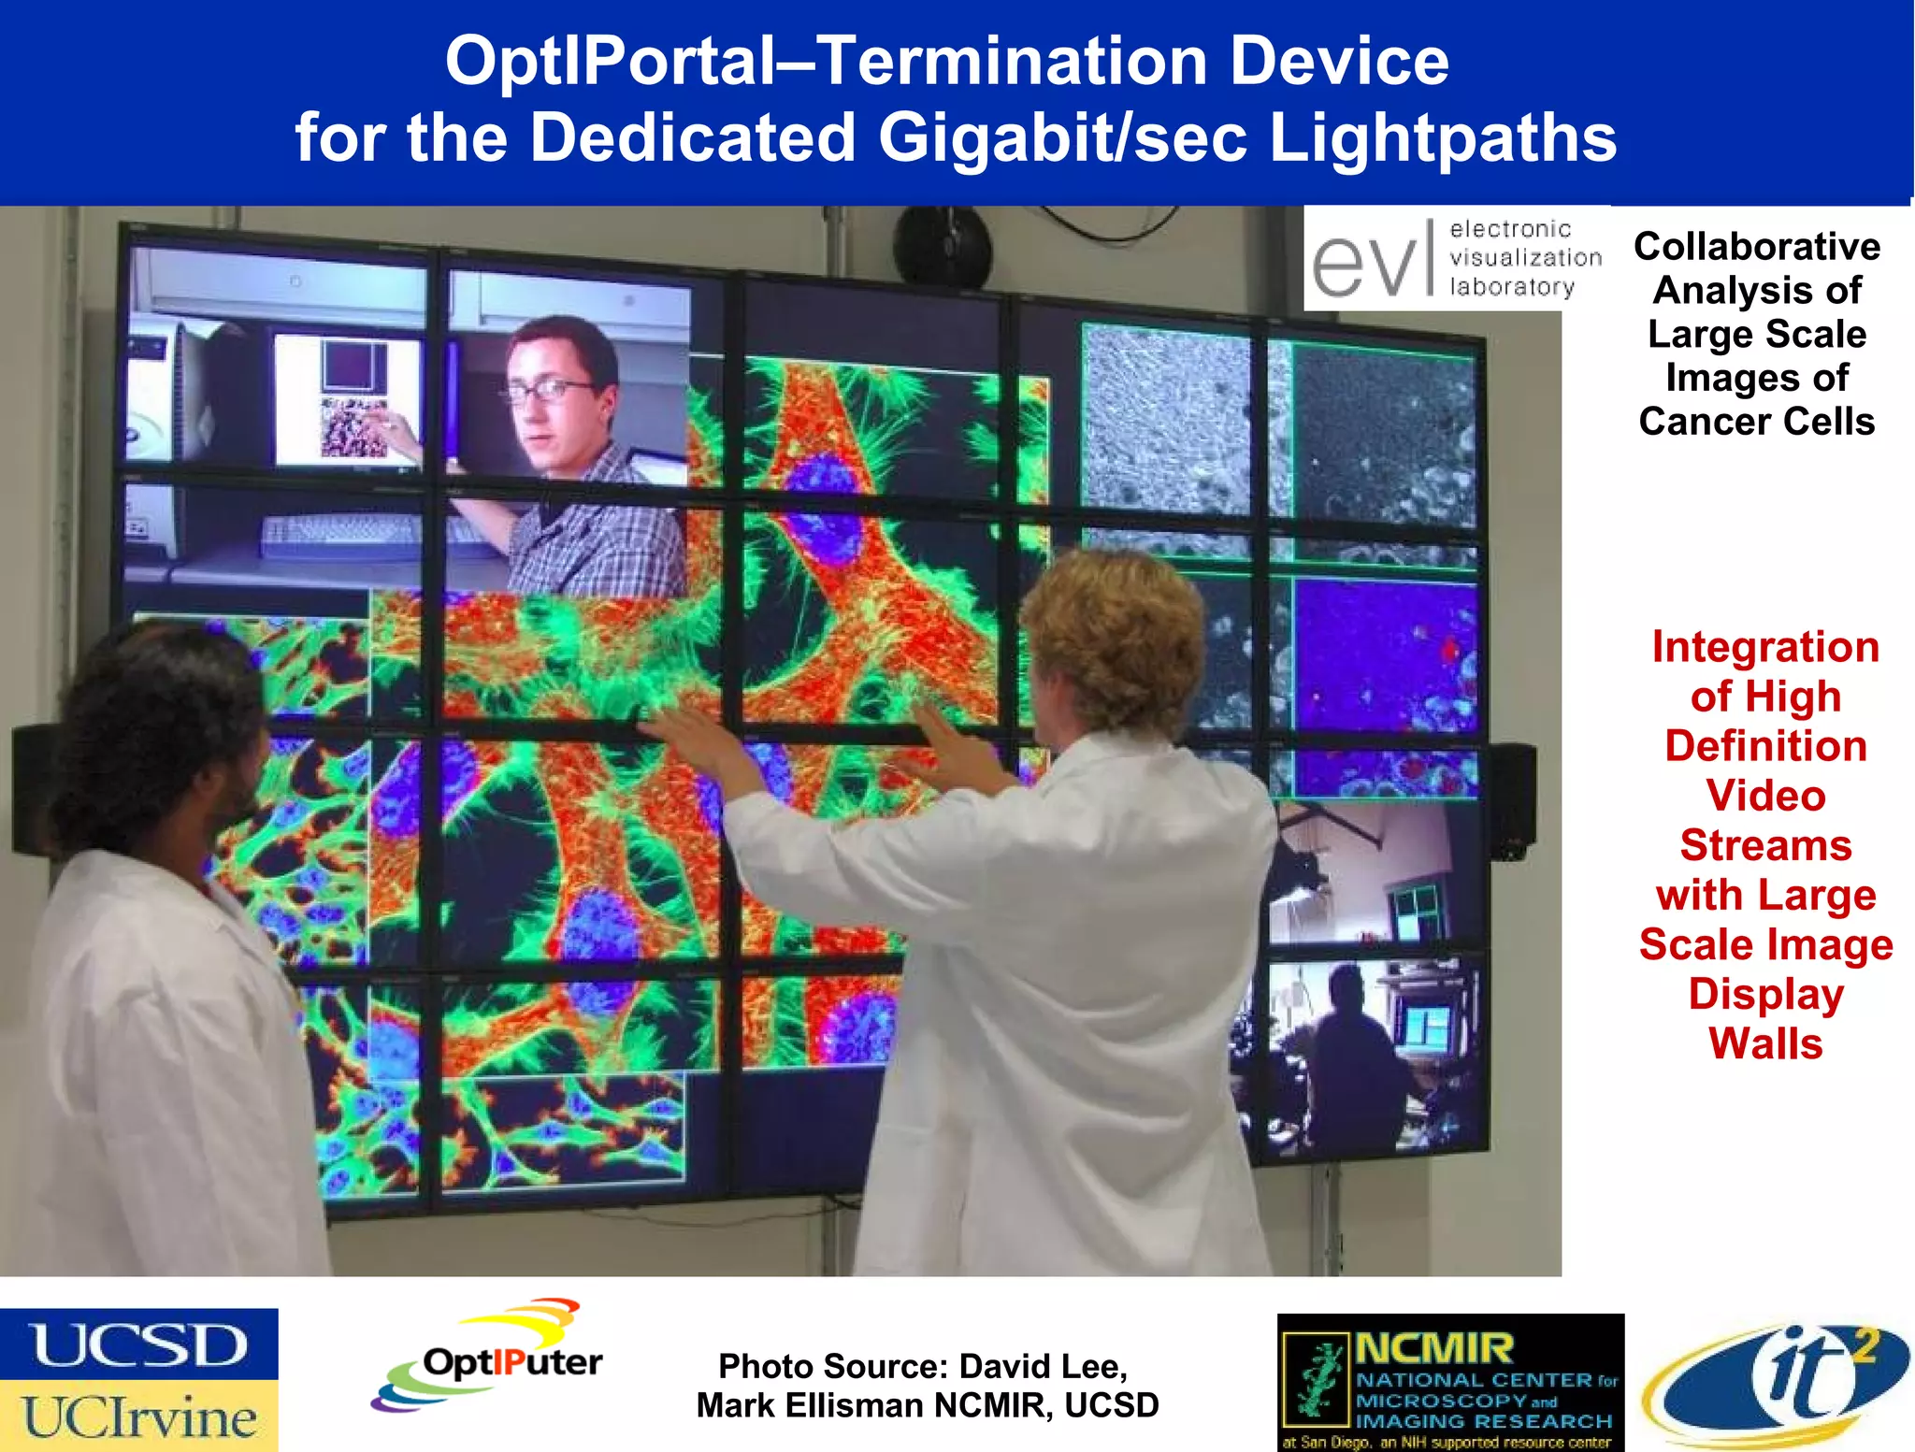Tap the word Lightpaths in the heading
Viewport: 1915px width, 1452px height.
(x=1442, y=138)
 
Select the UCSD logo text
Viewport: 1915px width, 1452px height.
(x=138, y=1344)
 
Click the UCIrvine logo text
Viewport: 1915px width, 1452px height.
(x=138, y=1416)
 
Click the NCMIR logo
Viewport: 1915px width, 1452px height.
(x=1450, y=1382)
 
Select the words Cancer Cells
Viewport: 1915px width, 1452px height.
(x=1756, y=422)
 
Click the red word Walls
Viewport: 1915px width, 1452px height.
(x=1765, y=1043)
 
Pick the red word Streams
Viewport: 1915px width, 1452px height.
(x=1765, y=845)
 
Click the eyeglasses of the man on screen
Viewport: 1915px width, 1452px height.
(x=552, y=391)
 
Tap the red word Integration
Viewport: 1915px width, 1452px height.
(x=1765, y=647)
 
